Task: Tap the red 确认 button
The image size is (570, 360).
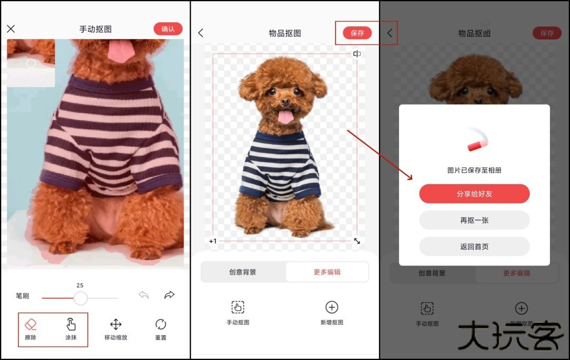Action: tap(168, 29)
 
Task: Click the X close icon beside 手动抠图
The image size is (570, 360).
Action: tap(11, 29)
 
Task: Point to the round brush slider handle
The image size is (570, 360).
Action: tap(80, 298)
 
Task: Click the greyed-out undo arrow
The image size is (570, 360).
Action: tap(144, 295)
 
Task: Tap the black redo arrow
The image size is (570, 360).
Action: tap(169, 295)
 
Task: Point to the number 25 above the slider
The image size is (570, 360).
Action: tap(80, 285)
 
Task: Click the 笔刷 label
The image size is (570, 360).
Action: tap(22, 296)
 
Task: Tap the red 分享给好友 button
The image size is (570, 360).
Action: tap(474, 194)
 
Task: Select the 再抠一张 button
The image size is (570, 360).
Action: tap(474, 220)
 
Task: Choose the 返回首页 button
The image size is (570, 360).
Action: tap(474, 247)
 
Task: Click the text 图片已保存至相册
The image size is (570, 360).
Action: tap(474, 170)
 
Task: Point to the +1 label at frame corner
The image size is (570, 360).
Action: tap(213, 241)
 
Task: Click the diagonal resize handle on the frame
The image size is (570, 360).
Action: tap(357, 241)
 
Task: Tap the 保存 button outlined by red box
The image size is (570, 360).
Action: tap(357, 33)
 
